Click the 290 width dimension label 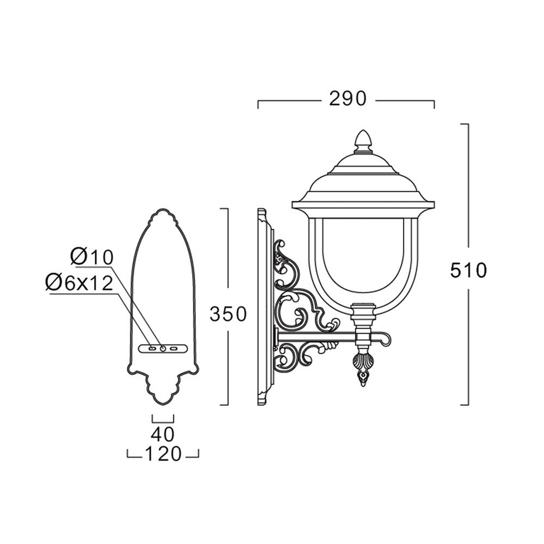click(x=347, y=98)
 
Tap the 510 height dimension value click(x=469, y=270)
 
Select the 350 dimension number click(x=228, y=314)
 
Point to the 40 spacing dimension click(x=163, y=434)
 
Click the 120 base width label click(x=163, y=454)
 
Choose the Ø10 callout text click(x=92, y=257)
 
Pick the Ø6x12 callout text click(x=79, y=283)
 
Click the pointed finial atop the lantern click(x=363, y=141)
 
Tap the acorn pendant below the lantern click(x=363, y=369)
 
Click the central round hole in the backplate click(x=163, y=348)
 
